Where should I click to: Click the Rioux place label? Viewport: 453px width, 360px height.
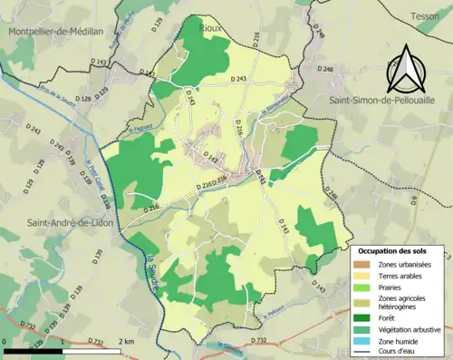[212, 28]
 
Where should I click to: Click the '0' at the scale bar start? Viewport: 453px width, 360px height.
[5, 342]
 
